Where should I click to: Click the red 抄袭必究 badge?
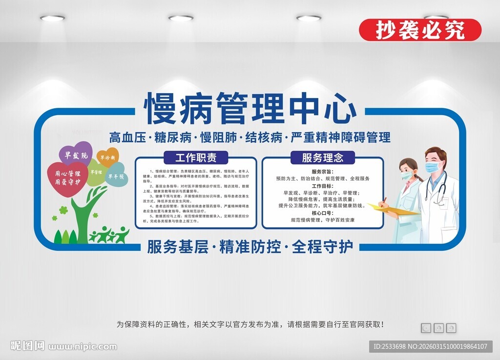click(x=420, y=30)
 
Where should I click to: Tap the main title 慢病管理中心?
click(x=250, y=108)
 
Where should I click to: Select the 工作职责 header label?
click(x=195, y=158)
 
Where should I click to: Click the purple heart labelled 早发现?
click(x=76, y=155)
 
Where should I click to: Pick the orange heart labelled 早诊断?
click(x=107, y=158)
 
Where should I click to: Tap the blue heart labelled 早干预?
click(x=117, y=177)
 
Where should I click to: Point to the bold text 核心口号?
click(x=322, y=213)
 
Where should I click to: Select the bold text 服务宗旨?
click(x=322, y=172)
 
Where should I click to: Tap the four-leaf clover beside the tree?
click(x=63, y=211)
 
